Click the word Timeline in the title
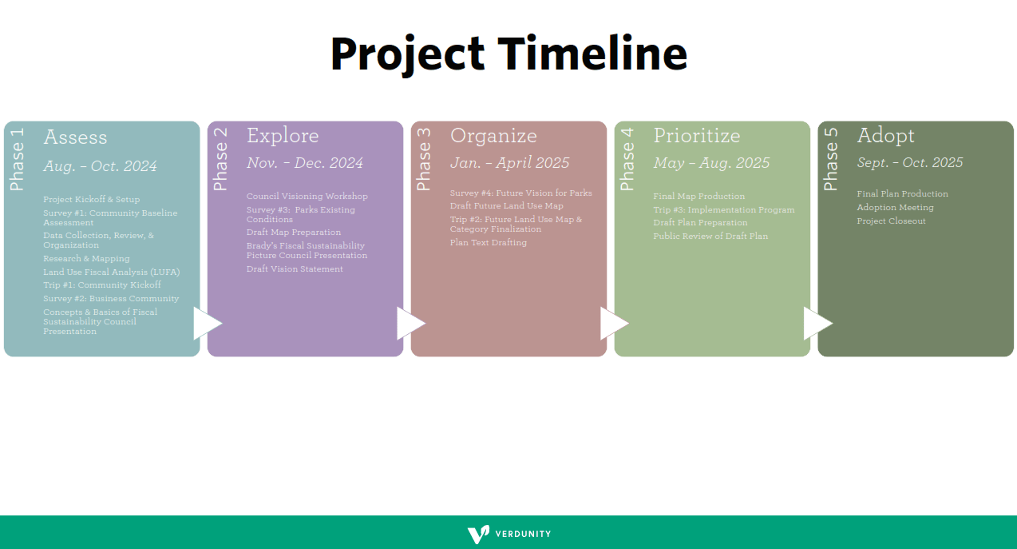pos(593,54)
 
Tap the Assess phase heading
pos(75,137)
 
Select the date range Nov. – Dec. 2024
pos(304,163)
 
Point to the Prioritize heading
pos(696,136)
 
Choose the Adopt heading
pos(885,136)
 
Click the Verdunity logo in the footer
pos(508,534)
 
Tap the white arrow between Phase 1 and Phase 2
pos(207,324)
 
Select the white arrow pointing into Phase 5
pos(817,324)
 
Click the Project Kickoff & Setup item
pos(91,200)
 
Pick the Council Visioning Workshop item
pos(307,197)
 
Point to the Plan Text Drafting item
pos(488,243)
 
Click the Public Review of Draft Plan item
pos(710,237)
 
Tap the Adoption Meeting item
pos(895,208)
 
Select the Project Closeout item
pos(891,221)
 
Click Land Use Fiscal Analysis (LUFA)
pos(111,273)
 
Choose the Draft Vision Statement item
pos(295,269)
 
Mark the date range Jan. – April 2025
pos(509,163)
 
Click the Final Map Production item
pos(698,197)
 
